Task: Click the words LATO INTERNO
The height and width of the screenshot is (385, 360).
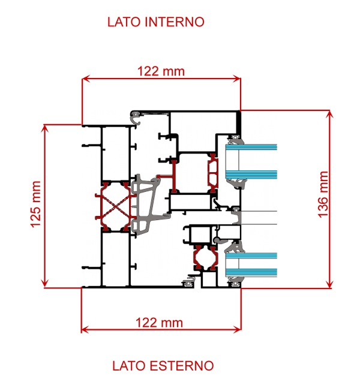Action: [x=156, y=22]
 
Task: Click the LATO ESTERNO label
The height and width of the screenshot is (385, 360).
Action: [x=163, y=365]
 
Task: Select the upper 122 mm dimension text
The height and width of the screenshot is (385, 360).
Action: [x=161, y=71]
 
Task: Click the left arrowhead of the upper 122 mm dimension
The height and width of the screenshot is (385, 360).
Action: [x=85, y=78]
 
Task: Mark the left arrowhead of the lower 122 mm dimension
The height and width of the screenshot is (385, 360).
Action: [x=85, y=329]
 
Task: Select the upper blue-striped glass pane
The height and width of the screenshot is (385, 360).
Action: [x=252, y=160]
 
